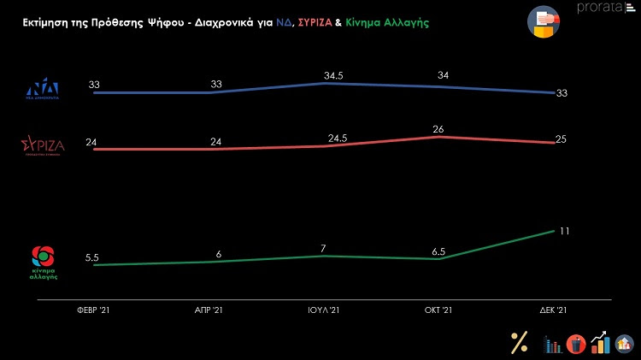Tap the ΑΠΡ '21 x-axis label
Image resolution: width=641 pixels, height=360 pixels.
click(x=209, y=310)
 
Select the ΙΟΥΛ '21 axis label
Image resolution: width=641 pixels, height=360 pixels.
click(x=322, y=310)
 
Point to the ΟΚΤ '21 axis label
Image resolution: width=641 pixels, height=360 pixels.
click(x=436, y=310)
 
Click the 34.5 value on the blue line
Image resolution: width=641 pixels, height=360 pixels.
click(x=323, y=75)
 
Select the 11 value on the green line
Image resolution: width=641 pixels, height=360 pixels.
click(x=564, y=231)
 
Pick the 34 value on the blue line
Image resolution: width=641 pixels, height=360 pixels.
click(x=444, y=75)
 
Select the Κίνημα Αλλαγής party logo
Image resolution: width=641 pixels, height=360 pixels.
click(x=43, y=263)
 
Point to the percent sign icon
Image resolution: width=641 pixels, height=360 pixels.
click(x=519, y=342)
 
